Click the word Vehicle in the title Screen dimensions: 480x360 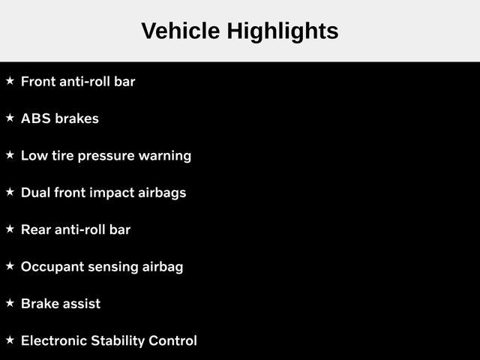(x=181, y=31)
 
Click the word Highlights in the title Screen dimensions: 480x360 (x=283, y=32)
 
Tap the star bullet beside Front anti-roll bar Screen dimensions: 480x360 (x=10, y=81)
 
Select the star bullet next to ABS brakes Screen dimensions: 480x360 (x=10, y=118)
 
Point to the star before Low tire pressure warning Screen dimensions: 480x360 (x=10, y=155)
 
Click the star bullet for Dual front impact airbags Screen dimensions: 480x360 (x=10, y=192)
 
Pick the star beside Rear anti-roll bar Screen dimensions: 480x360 (x=10, y=229)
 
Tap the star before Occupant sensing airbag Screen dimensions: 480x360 (x=10, y=266)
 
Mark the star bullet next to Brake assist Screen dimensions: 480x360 (x=10, y=303)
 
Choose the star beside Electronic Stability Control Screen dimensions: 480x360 (x=10, y=340)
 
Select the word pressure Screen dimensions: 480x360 (x=106, y=157)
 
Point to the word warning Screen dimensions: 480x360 (x=165, y=157)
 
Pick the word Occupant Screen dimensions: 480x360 (x=52, y=267)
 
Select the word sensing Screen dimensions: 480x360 (x=113, y=267)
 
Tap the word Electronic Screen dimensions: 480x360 (x=54, y=340)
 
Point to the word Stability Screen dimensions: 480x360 (x=118, y=341)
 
